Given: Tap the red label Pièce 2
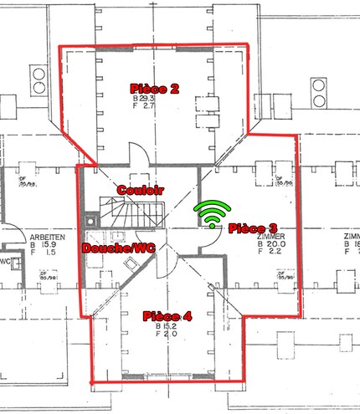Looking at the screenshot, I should (155, 88).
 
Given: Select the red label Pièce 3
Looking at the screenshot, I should (252, 227).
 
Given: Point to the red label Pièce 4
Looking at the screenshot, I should (167, 315).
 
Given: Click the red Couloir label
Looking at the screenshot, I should (140, 190).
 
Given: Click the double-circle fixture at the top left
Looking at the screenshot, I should (39, 79).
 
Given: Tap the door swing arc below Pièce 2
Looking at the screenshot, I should (139, 156).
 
